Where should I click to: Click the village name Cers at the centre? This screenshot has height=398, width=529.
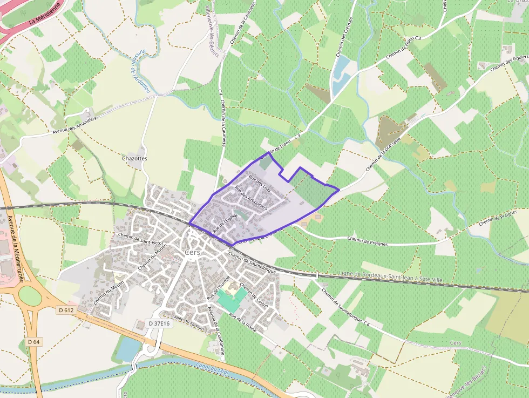coord(192,252)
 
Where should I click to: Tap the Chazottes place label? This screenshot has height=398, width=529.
coord(135,159)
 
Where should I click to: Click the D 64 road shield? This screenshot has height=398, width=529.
coord(33,341)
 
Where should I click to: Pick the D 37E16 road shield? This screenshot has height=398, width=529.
coord(159,323)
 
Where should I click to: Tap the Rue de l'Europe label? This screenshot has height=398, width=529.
coord(219,288)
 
